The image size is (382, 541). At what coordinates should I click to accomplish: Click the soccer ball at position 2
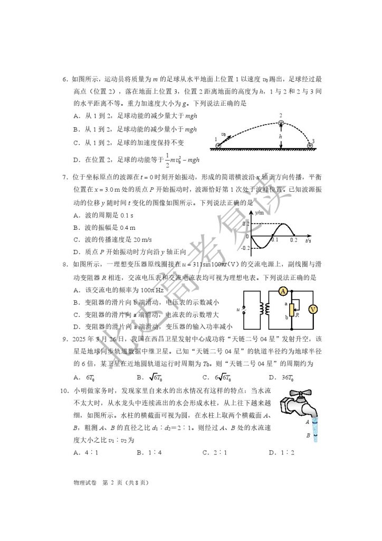pyautogui.click(x=281, y=123)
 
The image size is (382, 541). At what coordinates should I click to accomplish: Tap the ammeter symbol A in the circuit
pyautogui.click(x=283, y=291)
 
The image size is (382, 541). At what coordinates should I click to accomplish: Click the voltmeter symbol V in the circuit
pyautogui.click(x=311, y=310)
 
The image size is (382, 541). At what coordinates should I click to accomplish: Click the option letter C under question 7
pyautogui.click(x=77, y=239)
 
